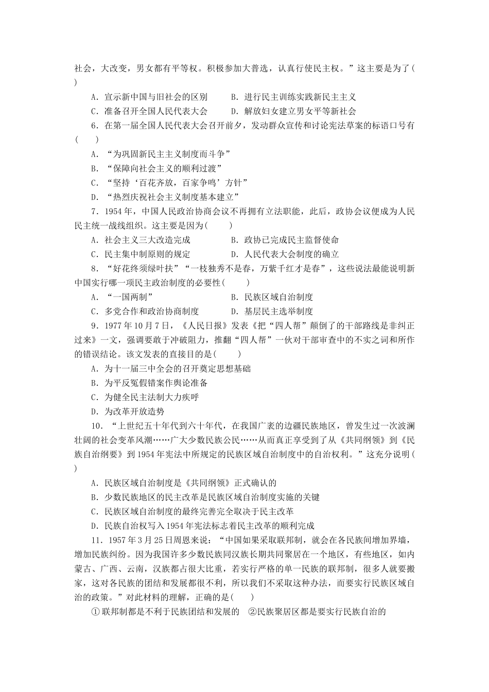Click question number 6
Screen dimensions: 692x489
coord(94,126)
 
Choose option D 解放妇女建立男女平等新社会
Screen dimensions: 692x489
coord(293,111)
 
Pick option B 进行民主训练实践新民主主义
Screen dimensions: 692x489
coord(293,97)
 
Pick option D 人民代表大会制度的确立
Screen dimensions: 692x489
coord(285,254)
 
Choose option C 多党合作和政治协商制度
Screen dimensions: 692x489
coord(145,312)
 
